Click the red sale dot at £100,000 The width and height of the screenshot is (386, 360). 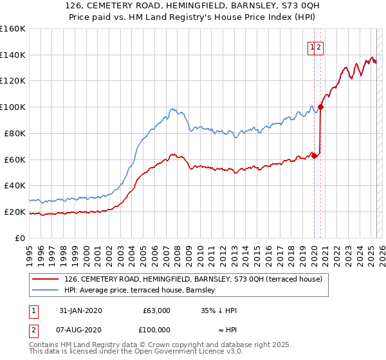320,107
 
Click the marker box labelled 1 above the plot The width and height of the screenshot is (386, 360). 313,46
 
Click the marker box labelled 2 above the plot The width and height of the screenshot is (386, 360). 319,46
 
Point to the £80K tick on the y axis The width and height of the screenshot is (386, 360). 17,133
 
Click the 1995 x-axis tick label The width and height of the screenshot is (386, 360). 30,251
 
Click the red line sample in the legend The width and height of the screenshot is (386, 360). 46,279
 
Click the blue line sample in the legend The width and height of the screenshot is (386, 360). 46,290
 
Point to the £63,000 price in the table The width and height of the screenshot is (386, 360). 156,310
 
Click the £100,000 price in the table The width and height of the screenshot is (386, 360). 154,329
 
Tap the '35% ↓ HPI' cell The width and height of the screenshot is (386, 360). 219,310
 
